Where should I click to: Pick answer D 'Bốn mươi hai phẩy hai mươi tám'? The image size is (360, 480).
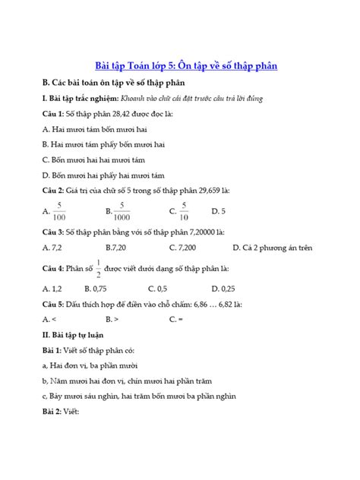(x=104, y=175)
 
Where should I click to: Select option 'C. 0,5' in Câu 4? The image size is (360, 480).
(x=157, y=289)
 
